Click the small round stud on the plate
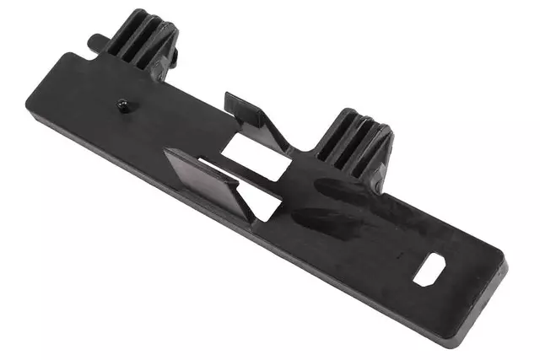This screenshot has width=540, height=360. [x=123, y=105]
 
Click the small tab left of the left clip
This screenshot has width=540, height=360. [x=98, y=40]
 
